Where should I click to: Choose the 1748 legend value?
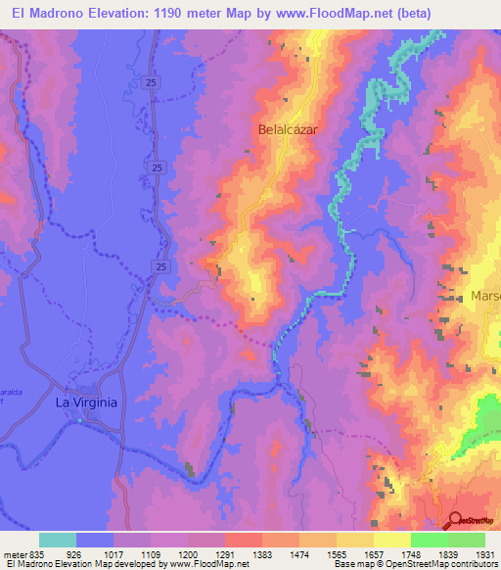tap(410, 554)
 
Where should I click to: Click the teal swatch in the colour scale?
tap(58, 540)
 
